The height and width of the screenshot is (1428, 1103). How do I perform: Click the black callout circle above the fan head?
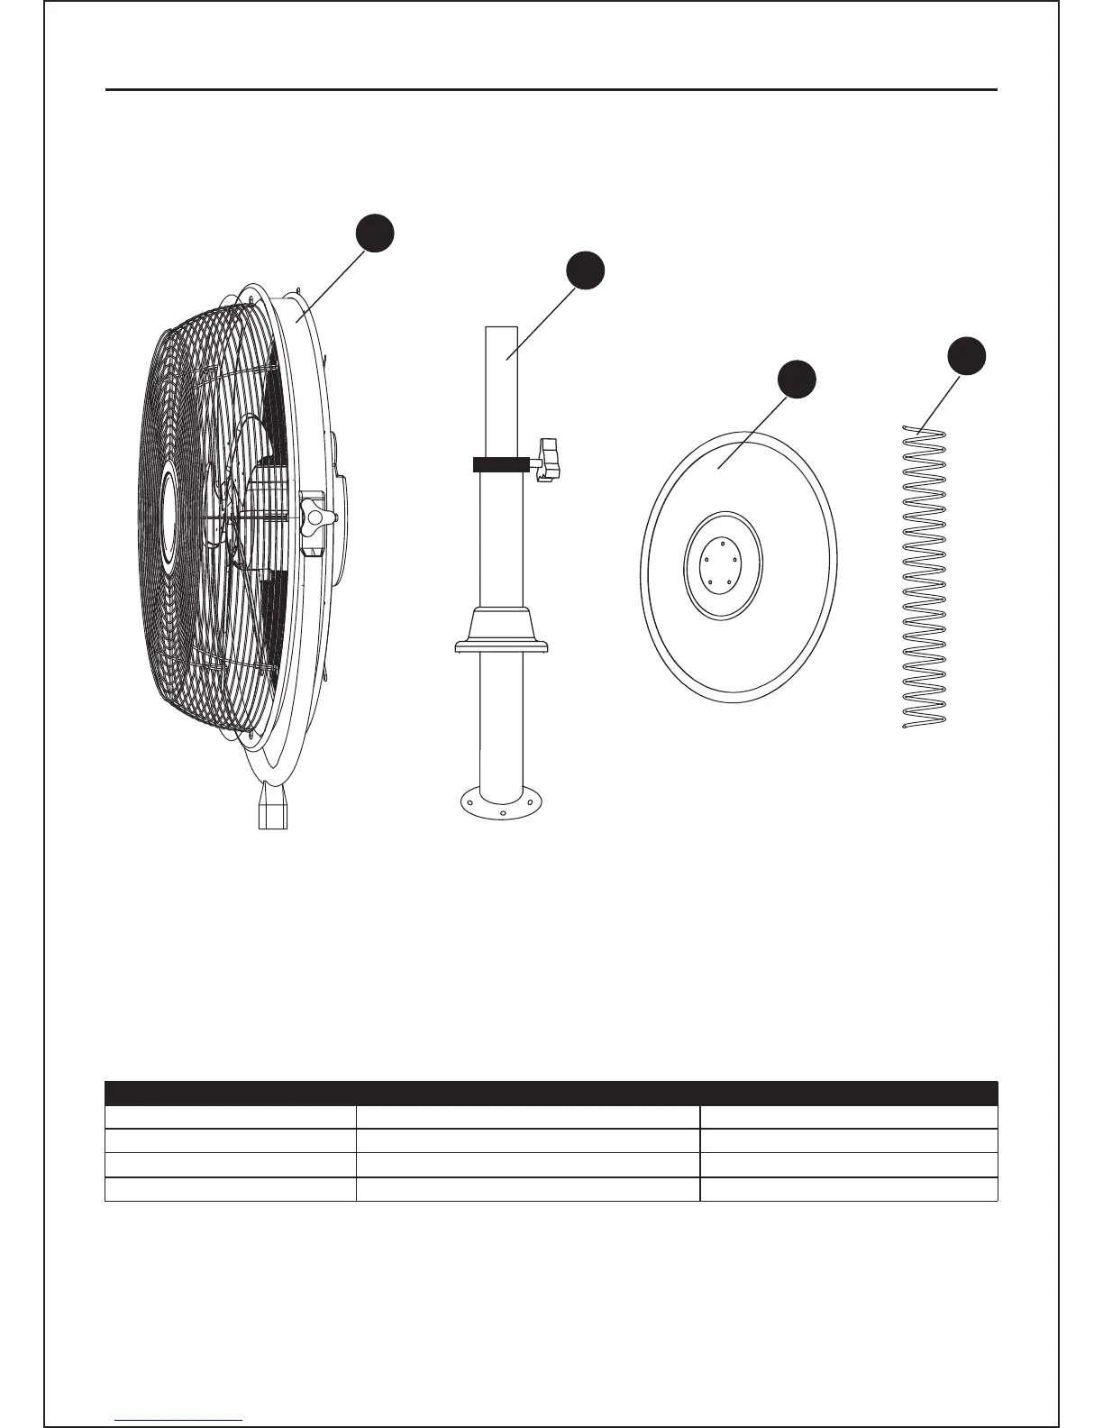(374, 233)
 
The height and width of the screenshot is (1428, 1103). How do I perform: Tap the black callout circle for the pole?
(585, 271)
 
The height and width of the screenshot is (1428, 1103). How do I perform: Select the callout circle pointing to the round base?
(798, 380)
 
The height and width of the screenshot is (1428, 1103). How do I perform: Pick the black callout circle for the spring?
(967, 355)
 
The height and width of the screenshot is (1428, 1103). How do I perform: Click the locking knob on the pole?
(549, 459)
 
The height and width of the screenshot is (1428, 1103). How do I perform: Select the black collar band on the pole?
(500, 464)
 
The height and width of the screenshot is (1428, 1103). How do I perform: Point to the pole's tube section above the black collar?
(501, 388)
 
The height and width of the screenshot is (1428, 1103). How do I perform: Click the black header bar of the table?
(551, 1093)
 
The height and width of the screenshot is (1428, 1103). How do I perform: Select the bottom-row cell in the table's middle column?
(528, 1189)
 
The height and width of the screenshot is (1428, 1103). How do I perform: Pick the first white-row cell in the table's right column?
(849, 1117)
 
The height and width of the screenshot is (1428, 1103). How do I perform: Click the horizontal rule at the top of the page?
(551, 90)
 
